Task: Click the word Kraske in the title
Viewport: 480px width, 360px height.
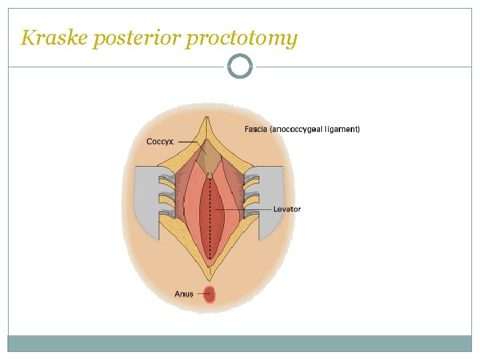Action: [x=55, y=38]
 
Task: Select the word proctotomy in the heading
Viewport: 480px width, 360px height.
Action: [x=241, y=39]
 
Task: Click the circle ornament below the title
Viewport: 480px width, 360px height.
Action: [x=240, y=67]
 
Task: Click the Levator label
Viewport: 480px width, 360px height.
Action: [x=287, y=209]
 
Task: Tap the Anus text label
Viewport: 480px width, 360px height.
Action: [x=184, y=293]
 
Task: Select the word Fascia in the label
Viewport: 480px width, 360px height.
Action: [x=256, y=129]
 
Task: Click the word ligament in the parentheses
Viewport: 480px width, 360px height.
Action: [x=342, y=129]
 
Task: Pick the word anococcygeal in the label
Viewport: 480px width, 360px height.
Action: [x=297, y=129]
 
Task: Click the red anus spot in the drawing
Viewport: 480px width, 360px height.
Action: [x=209, y=294]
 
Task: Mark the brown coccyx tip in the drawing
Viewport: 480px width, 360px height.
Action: [x=209, y=157]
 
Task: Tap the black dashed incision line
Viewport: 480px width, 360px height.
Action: [x=209, y=220]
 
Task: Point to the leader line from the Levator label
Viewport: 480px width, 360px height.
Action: [x=243, y=209]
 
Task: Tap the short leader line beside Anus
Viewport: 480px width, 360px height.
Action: [x=199, y=294]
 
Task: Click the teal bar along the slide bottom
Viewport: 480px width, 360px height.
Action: [x=240, y=343]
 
